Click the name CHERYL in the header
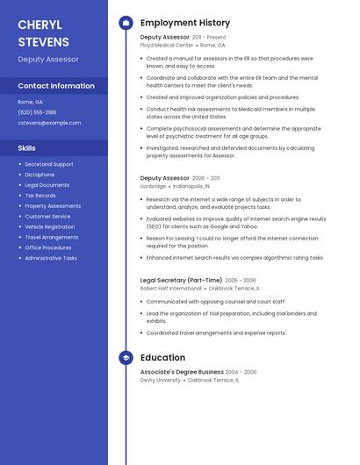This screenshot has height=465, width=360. pos(40,24)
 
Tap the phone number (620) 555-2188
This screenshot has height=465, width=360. pos(37,112)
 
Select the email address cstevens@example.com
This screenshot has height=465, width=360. pos(49,123)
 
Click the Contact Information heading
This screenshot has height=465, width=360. pos(56,86)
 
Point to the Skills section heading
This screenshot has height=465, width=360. pos(27,148)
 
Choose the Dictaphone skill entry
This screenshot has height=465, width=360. pos(40,175)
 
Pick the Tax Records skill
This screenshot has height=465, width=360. pos(40,196)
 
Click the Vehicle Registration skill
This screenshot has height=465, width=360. pos(50,227)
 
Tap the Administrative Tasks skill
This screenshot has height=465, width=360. pos(51,259)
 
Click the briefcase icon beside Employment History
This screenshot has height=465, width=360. pos(126,23)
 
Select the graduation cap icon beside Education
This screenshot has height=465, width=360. pos(126,358)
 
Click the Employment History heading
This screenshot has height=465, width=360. pos(185,23)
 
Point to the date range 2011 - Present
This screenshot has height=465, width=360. pos(209,38)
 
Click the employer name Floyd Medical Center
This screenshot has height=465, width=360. pos(167,45)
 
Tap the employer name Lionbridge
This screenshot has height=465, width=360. pos(154,186)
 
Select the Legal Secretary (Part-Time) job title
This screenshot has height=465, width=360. pos(181,280)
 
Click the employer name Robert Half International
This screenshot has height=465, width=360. pos(170,288)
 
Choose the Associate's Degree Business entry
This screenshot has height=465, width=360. pos(182,372)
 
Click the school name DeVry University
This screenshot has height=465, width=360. pos(160,380)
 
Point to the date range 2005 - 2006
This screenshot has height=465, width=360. pos(241,281)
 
